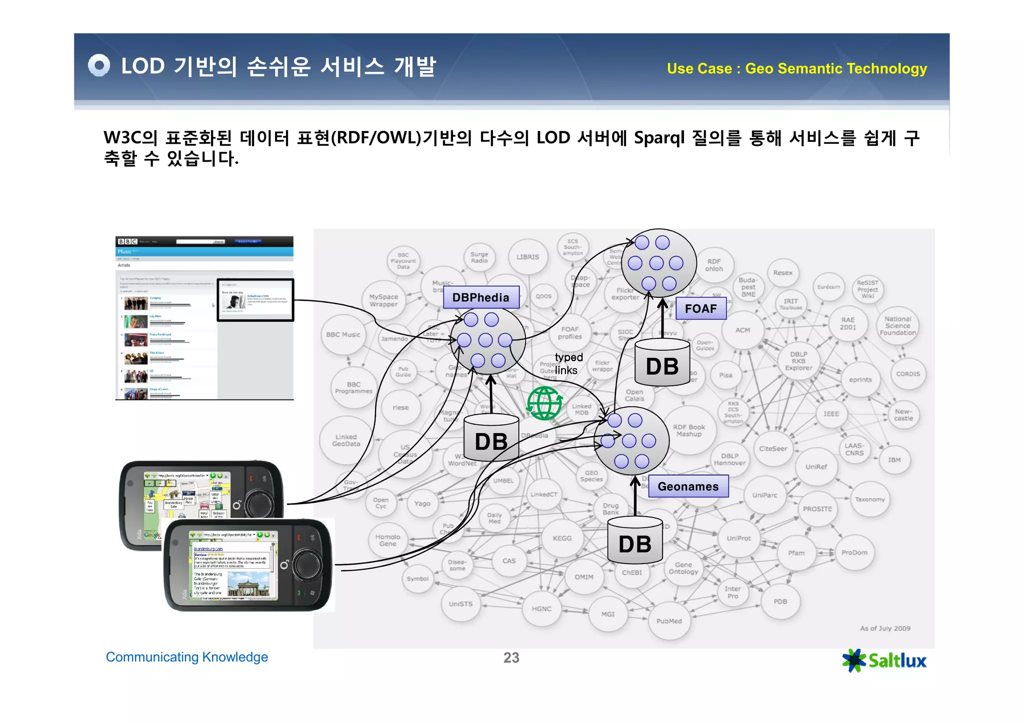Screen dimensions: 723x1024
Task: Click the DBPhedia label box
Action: pyautogui.click(x=481, y=297)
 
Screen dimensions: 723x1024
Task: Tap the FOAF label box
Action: pyautogui.click(x=700, y=309)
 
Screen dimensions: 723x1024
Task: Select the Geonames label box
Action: pyautogui.click(x=688, y=487)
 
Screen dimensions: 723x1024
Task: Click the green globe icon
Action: pyautogui.click(x=544, y=403)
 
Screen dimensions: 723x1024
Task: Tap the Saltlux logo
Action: pyautogui.click(x=884, y=661)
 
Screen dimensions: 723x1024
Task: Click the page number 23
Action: pyautogui.click(x=511, y=658)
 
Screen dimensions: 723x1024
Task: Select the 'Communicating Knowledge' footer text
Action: pyautogui.click(x=187, y=657)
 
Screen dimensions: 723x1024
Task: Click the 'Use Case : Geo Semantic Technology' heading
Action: pyautogui.click(x=796, y=68)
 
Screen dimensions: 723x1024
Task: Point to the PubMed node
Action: pyautogui.click(x=669, y=621)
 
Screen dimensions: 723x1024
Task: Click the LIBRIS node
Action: pyautogui.click(x=528, y=257)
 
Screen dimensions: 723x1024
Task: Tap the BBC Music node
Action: pyautogui.click(x=343, y=335)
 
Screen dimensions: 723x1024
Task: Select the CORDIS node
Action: pyautogui.click(x=908, y=374)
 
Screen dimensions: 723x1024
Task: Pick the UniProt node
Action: pyautogui.click(x=738, y=538)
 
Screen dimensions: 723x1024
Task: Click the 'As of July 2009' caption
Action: pyautogui.click(x=885, y=629)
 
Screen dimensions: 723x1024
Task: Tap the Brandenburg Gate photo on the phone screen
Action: pyautogui.click(x=248, y=585)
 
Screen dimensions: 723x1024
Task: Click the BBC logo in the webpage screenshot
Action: pyautogui.click(x=127, y=242)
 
